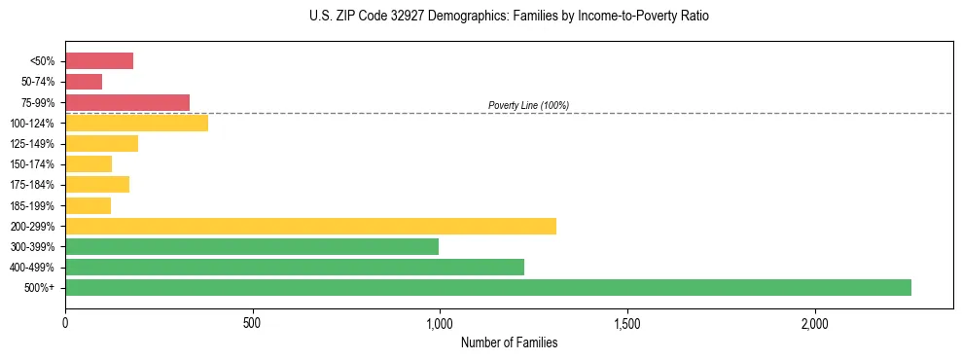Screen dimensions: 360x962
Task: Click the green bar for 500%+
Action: pos(488,287)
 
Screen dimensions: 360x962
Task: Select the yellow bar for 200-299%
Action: pos(310,226)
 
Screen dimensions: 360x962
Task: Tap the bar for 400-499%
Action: pos(295,267)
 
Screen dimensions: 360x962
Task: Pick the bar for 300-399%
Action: pos(252,246)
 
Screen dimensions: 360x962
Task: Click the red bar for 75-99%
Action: pos(127,102)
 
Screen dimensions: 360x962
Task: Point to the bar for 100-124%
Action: pos(136,123)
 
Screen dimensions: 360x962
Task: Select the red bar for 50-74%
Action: pos(84,82)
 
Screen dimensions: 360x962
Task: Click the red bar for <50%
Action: pos(99,61)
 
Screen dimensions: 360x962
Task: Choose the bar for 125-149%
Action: pos(101,143)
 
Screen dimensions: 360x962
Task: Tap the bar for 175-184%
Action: pos(97,184)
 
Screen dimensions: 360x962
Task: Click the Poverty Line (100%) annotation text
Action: pos(528,105)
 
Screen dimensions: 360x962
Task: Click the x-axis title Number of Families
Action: pos(509,342)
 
